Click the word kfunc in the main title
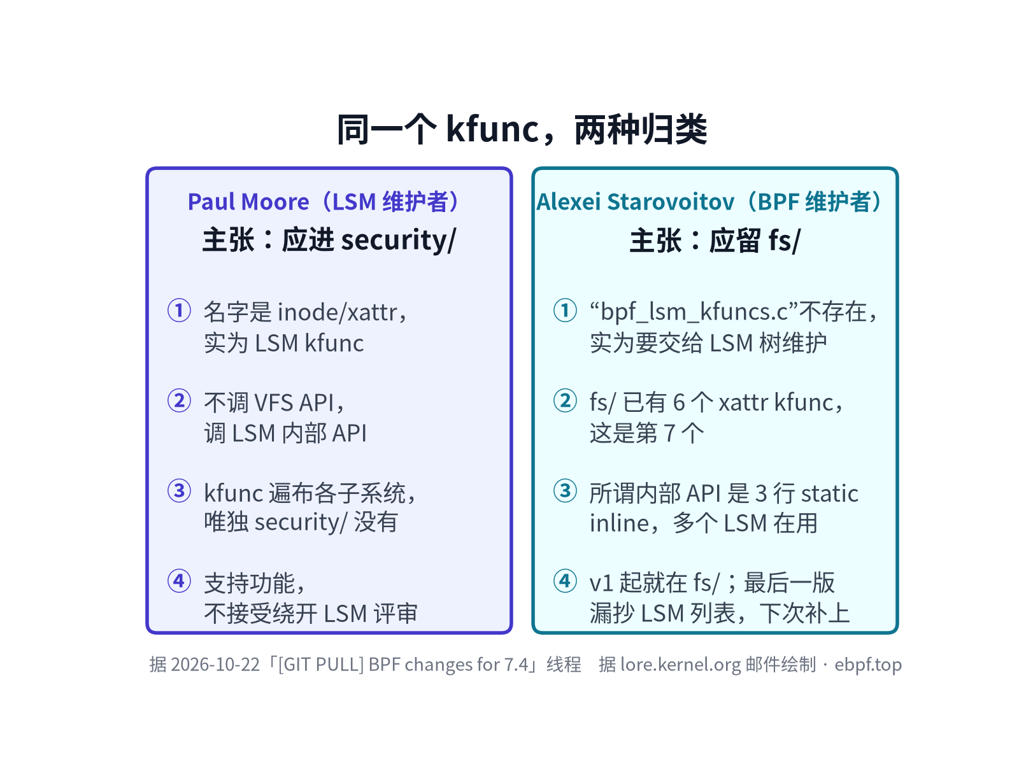492,129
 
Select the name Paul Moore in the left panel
248,202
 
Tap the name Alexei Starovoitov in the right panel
635,202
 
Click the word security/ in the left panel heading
399,240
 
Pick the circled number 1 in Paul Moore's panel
179,310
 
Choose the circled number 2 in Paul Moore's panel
179,401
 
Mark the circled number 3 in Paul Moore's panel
179,491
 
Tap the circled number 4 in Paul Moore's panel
179,581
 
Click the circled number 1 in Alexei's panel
565,310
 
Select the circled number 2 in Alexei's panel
565,401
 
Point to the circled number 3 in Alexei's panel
565,491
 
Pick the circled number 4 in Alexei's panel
565,581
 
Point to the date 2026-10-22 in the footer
215,665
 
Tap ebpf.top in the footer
867,665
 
